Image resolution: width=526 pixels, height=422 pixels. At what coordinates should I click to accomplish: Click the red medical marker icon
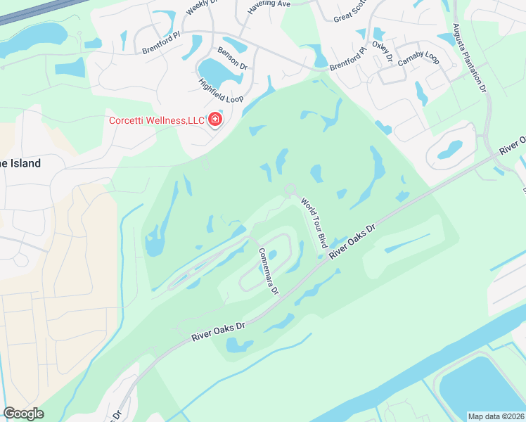pos(214,120)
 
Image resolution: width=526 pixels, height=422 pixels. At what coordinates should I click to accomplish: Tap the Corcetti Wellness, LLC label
pos(156,120)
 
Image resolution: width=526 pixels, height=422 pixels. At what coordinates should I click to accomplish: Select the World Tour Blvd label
pos(314,222)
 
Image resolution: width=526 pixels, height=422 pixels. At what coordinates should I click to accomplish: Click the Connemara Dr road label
pos(268,271)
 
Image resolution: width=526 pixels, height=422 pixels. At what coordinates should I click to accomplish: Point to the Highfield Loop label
pos(221,89)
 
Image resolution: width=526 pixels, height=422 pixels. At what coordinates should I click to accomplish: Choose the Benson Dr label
pos(233,58)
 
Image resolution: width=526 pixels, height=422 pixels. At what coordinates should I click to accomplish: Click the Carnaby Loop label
pos(418,58)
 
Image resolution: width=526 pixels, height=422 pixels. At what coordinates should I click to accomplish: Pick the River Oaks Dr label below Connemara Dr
pos(220,333)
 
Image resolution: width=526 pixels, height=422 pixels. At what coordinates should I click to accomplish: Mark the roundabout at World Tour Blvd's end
pos(290,189)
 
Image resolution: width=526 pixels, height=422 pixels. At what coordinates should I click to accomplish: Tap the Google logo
pos(24,414)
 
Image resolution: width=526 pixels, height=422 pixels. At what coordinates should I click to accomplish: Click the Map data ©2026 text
pos(496,416)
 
